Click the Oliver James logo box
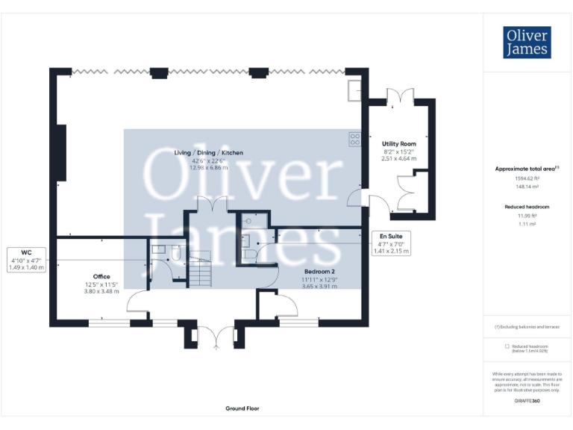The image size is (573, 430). tap(527, 43)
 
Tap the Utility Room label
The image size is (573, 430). tap(398, 144)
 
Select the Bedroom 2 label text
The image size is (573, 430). tap(319, 272)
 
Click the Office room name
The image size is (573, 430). tap(101, 277)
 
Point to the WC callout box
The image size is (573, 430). tap(25, 259)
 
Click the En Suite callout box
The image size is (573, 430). tap(391, 243)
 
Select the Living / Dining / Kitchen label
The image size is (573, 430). tap(209, 153)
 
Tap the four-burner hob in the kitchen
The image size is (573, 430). tap(354, 139)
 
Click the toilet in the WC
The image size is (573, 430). tap(177, 254)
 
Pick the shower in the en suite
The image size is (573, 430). tap(249, 221)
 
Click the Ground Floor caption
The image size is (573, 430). tap(242, 408)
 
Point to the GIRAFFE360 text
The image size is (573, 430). tap(527, 402)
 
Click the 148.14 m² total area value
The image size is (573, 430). tap(527, 187)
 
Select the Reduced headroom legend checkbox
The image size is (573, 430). tap(507, 346)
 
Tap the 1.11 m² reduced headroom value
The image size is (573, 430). tap(527, 223)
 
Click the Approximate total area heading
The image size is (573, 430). tap(527, 169)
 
